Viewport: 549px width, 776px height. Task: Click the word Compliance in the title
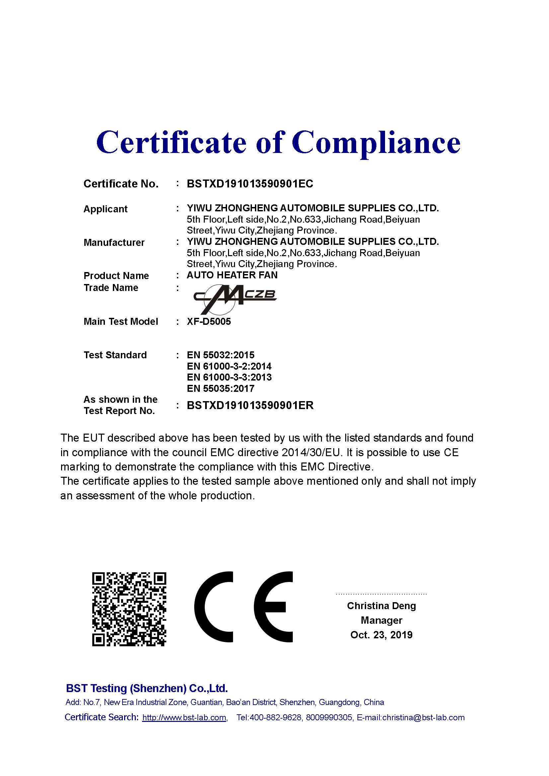point(376,143)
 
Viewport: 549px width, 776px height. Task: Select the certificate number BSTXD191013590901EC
point(250,184)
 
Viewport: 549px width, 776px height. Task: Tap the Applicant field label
point(105,209)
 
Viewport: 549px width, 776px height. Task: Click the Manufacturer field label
point(114,242)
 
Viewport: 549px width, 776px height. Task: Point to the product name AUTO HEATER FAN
point(232,275)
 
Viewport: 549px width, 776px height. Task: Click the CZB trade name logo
point(235,299)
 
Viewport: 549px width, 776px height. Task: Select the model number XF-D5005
point(208,321)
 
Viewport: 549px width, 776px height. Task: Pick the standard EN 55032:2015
point(220,355)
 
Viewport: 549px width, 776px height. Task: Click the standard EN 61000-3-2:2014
point(229,366)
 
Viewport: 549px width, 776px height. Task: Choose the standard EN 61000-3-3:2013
point(229,377)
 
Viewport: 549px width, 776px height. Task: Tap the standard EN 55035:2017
point(220,389)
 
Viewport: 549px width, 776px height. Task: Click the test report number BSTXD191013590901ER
point(250,405)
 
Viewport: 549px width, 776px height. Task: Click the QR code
point(129,609)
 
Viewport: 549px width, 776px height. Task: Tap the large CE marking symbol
point(243,607)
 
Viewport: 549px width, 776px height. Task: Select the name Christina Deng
point(381,606)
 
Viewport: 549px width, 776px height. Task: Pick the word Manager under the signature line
point(381,620)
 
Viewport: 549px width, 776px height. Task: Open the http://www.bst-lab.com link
point(184,718)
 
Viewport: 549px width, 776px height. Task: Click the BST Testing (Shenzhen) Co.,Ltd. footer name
point(147,688)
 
